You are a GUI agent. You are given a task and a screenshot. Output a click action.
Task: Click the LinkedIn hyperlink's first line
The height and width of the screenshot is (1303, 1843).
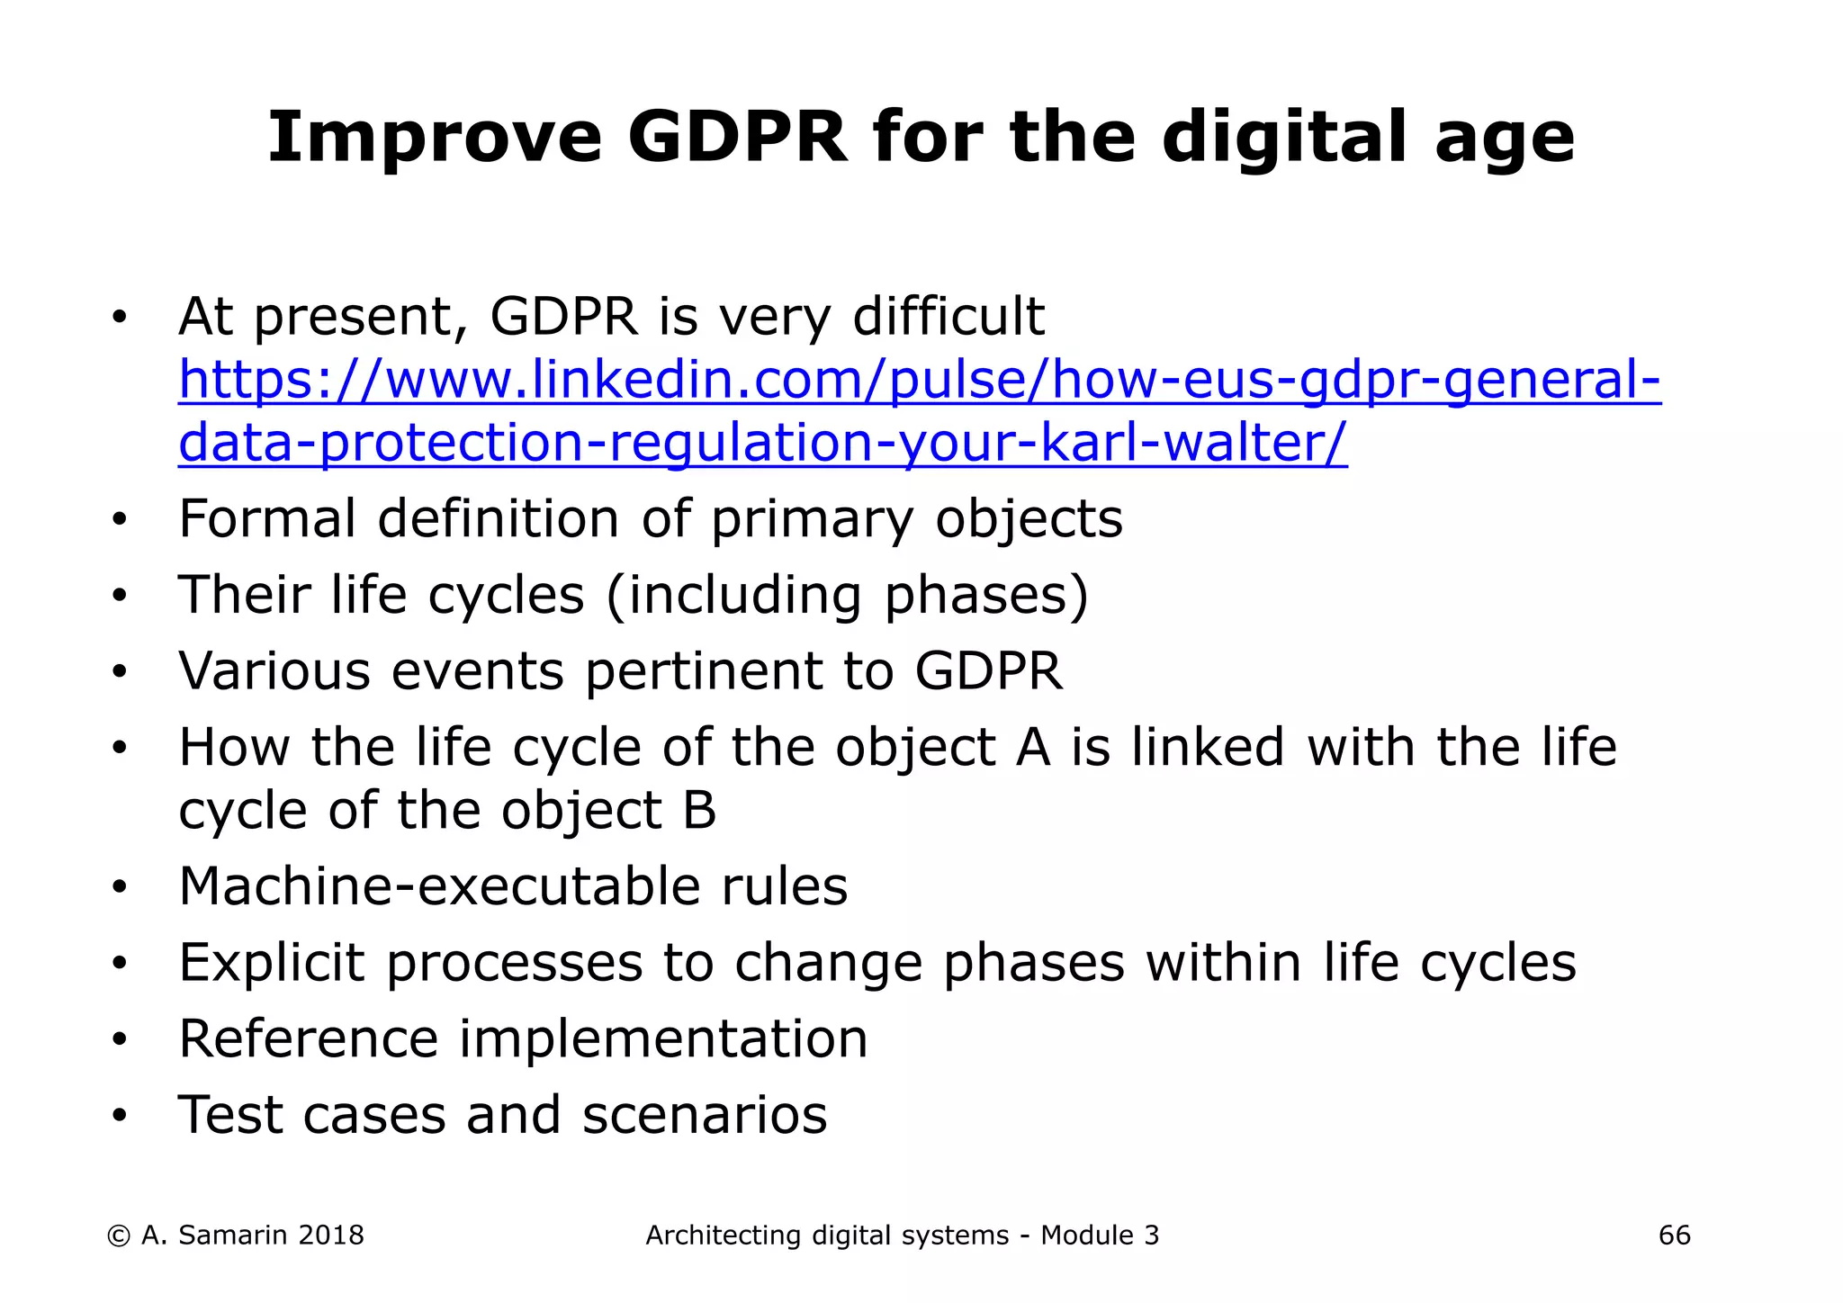[919, 380]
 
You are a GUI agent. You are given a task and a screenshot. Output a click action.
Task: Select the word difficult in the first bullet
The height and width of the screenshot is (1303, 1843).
[948, 317]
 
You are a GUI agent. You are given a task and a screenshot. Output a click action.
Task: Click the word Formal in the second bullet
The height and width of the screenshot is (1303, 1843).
[266, 519]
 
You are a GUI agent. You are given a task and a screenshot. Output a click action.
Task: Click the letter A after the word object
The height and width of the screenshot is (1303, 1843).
[1032, 748]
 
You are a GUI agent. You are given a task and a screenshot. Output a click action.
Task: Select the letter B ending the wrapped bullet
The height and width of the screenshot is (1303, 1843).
[699, 811]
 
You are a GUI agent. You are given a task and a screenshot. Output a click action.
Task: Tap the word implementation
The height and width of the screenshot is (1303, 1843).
[663, 1039]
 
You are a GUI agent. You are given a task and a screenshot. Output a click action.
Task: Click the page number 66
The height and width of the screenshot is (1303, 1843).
[1674, 1236]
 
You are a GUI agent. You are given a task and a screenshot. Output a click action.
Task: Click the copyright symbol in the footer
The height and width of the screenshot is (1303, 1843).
[118, 1236]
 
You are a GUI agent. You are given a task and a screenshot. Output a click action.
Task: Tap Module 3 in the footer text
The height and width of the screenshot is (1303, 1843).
[1099, 1236]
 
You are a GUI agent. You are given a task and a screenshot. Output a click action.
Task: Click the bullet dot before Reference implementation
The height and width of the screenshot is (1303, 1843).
[120, 1041]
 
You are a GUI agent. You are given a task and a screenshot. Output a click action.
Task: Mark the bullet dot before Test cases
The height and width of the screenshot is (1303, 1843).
[120, 1118]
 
